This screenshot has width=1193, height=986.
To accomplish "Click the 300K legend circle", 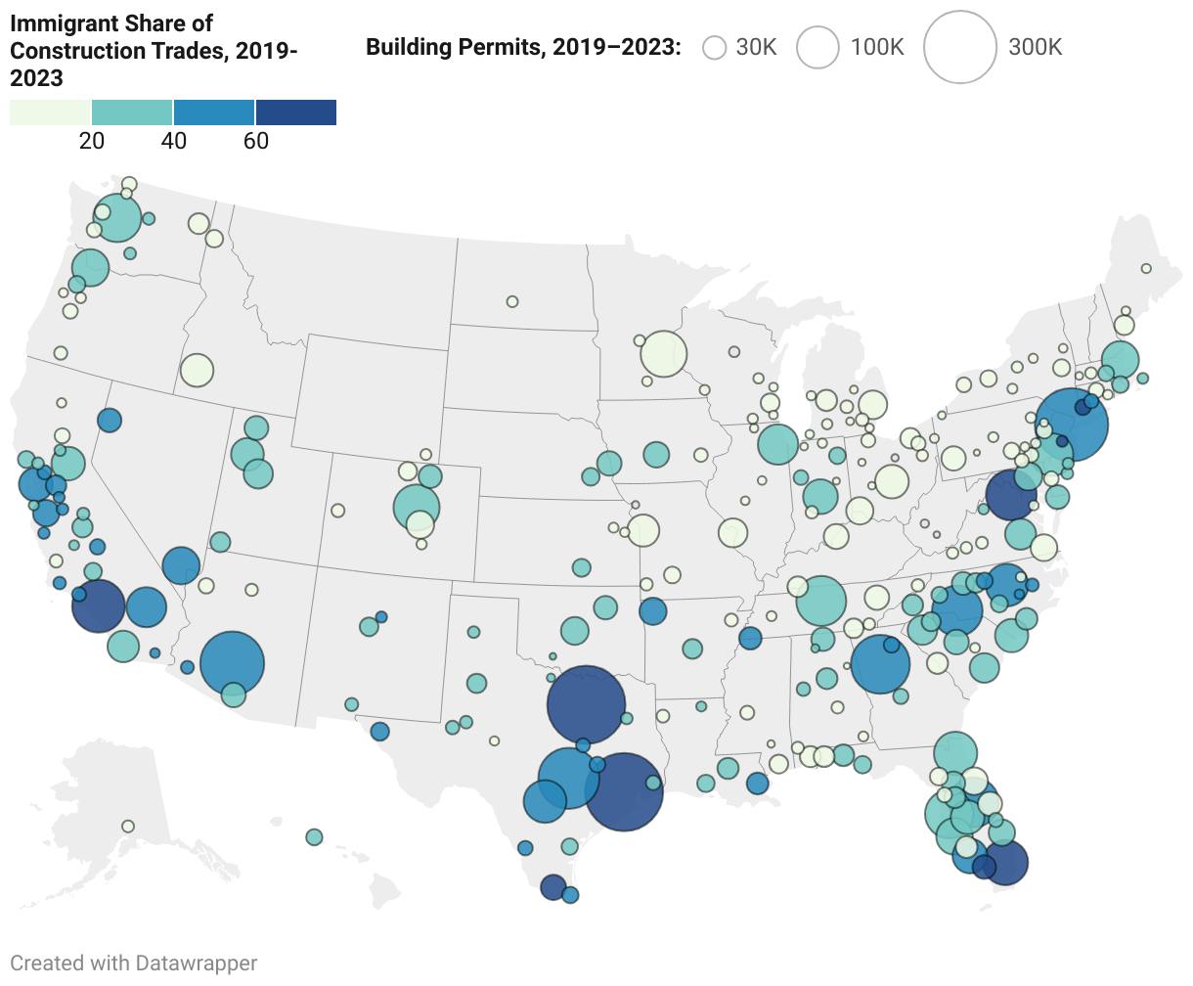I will tap(959, 47).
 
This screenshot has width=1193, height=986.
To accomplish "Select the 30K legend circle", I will tap(715, 47).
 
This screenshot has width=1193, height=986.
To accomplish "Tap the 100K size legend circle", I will tap(817, 47).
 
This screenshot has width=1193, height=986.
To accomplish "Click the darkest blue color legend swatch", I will tap(296, 112).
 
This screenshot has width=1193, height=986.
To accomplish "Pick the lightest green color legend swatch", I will tap(50, 112).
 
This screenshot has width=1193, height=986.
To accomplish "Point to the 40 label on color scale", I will tap(174, 141).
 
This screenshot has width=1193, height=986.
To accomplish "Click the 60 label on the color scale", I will tap(256, 141).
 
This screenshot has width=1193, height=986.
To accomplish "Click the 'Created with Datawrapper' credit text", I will tap(134, 963).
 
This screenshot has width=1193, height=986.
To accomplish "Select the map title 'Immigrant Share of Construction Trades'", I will tap(154, 51).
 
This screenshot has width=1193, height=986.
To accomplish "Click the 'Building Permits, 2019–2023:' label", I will tap(523, 47).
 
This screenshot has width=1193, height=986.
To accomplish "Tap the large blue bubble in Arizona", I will tap(232, 663).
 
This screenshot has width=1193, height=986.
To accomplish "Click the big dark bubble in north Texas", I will tap(586, 704).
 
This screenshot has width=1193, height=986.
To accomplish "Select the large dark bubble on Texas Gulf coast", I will tap(624, 791).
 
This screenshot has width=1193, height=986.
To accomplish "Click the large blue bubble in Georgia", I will tap(880, 664).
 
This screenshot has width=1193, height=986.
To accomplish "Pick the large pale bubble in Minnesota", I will tap(663, 354).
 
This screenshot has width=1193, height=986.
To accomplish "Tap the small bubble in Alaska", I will tap(128, 827).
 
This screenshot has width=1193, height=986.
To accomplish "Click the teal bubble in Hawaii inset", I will tap(314, 837).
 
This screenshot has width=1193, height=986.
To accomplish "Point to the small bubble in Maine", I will tap(1146, 268).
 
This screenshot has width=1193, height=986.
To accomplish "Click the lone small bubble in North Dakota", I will tap(512, 301).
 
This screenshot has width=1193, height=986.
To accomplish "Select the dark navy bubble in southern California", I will tap(99, 605).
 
